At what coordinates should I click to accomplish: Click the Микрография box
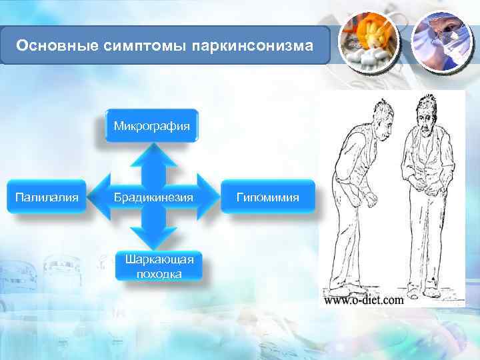pos(152,125)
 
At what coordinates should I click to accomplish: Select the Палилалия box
pos(47,197)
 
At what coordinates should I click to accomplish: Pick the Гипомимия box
pos(268,197)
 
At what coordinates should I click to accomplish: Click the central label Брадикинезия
pos(153,197)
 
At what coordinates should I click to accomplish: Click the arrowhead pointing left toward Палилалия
pos(100,197)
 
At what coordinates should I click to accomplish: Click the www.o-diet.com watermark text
pos(364,300)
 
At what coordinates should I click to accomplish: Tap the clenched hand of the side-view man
pos(366,199)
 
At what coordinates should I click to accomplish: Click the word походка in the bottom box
pos(159,273)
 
